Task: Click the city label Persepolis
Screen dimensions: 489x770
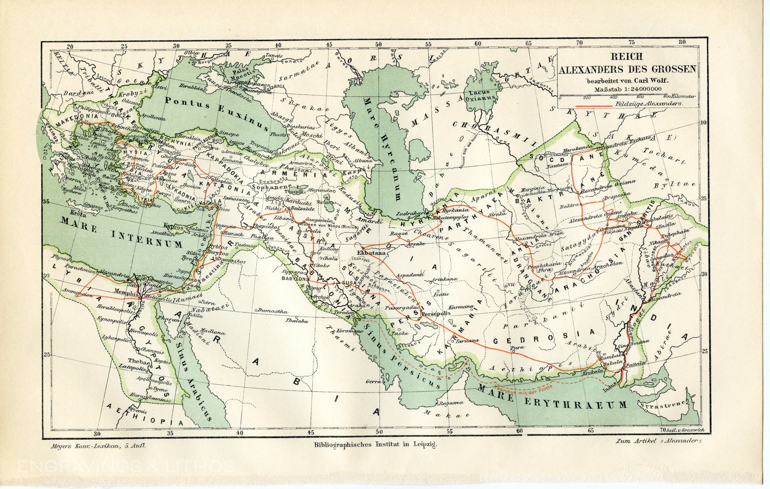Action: point(436,313)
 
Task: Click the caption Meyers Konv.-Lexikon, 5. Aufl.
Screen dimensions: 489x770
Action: point(98,446)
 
